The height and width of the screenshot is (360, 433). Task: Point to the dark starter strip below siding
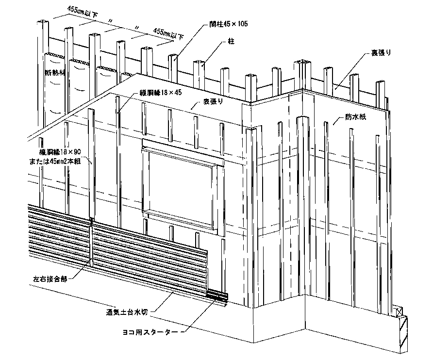217,297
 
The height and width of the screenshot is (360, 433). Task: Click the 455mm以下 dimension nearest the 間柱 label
168,33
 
